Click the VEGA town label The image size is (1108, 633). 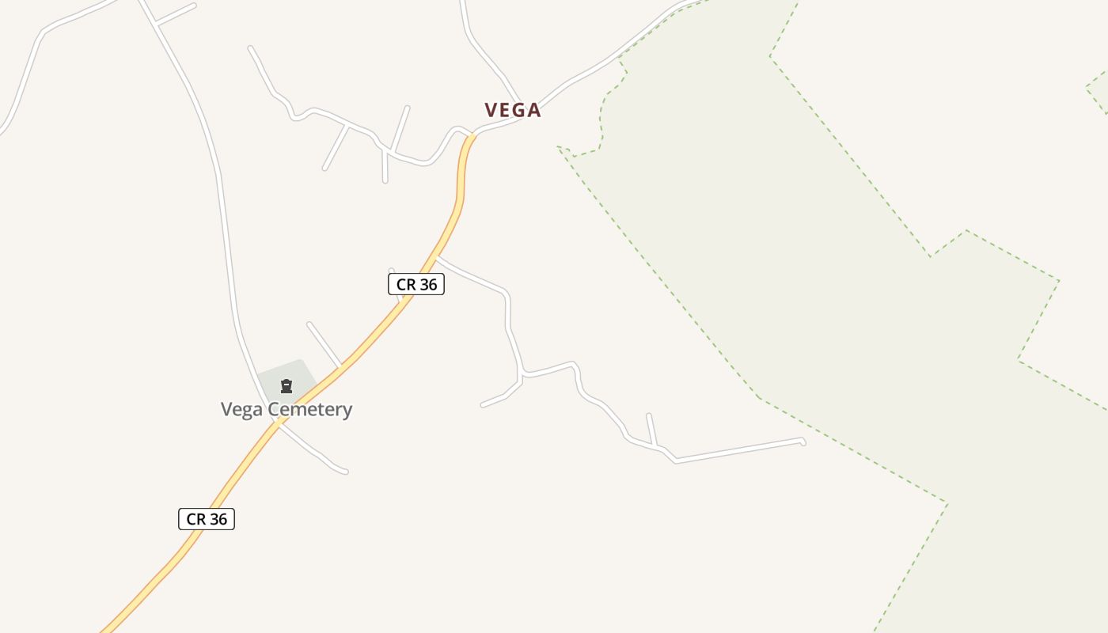click(513, 110)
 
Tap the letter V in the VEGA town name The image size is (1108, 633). click(492, 110)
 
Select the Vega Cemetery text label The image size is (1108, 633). click(286, 409)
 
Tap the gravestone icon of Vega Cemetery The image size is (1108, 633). click(286, 386)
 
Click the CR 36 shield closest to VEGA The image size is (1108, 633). click(416, 284)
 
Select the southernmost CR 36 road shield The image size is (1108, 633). click(207, 519)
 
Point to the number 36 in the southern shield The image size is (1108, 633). click(218, 519)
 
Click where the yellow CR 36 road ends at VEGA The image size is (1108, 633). click(472, 135)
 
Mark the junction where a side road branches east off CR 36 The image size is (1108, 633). click(437, 257)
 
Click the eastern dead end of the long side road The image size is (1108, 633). click(803, 442)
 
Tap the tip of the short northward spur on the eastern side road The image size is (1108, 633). click(648, 415)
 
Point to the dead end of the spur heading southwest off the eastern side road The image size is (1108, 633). click(483, 405)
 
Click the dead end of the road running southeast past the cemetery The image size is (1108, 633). click(345, 472)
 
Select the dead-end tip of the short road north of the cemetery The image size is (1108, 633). click(309, 324)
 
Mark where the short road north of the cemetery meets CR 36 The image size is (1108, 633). click(341, 367)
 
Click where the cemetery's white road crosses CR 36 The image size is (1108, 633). click(277, 423)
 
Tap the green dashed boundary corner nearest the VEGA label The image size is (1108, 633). click(559, 147)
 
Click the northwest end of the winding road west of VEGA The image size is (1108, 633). click(250, 48)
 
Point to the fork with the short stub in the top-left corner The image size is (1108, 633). click(158, 25)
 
